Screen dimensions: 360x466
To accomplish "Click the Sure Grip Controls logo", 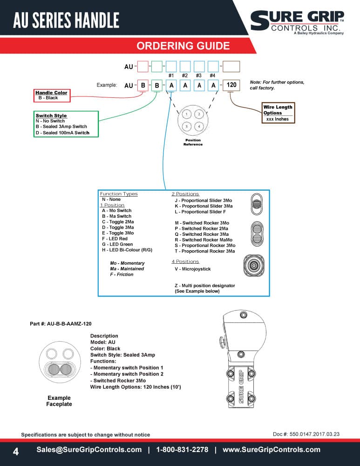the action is [x=297, y=22].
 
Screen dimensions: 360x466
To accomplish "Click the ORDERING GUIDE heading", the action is [x=183, y=46].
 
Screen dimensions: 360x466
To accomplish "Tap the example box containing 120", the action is [x=231, y=85].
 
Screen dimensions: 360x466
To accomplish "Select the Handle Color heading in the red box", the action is [x=51, y=93].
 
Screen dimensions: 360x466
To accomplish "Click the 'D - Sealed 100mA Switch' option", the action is [x=62, y=133].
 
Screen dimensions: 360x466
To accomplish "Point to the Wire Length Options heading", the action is [x=278, y=110].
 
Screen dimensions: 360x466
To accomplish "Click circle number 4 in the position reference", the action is [x=199, y=126].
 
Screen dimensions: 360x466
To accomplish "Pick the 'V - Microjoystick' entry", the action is [x=192, y=269].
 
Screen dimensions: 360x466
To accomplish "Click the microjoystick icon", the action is [x=254, y=266].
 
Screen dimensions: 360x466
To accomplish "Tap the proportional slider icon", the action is [x=257, y=204].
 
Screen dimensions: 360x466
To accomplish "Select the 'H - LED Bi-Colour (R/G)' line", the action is [x=127, y=250].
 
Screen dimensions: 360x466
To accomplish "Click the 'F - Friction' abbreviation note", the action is [x=122, y=274].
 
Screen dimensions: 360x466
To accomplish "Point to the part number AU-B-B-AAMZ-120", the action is [x=61, y=324].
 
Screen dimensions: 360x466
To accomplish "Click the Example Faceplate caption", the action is [x=59, y=401].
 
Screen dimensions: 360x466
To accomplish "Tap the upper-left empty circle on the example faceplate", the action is [x=52, y=354].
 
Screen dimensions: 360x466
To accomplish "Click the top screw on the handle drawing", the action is [x=244, y=315].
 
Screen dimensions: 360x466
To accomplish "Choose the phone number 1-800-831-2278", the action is [x=182, y=450].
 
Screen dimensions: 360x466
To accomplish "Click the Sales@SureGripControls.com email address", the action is [x=89, y=450].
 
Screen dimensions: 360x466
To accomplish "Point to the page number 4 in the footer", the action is [x=16, y=452].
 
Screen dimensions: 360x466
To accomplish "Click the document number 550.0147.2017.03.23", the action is [x=314, y=434].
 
